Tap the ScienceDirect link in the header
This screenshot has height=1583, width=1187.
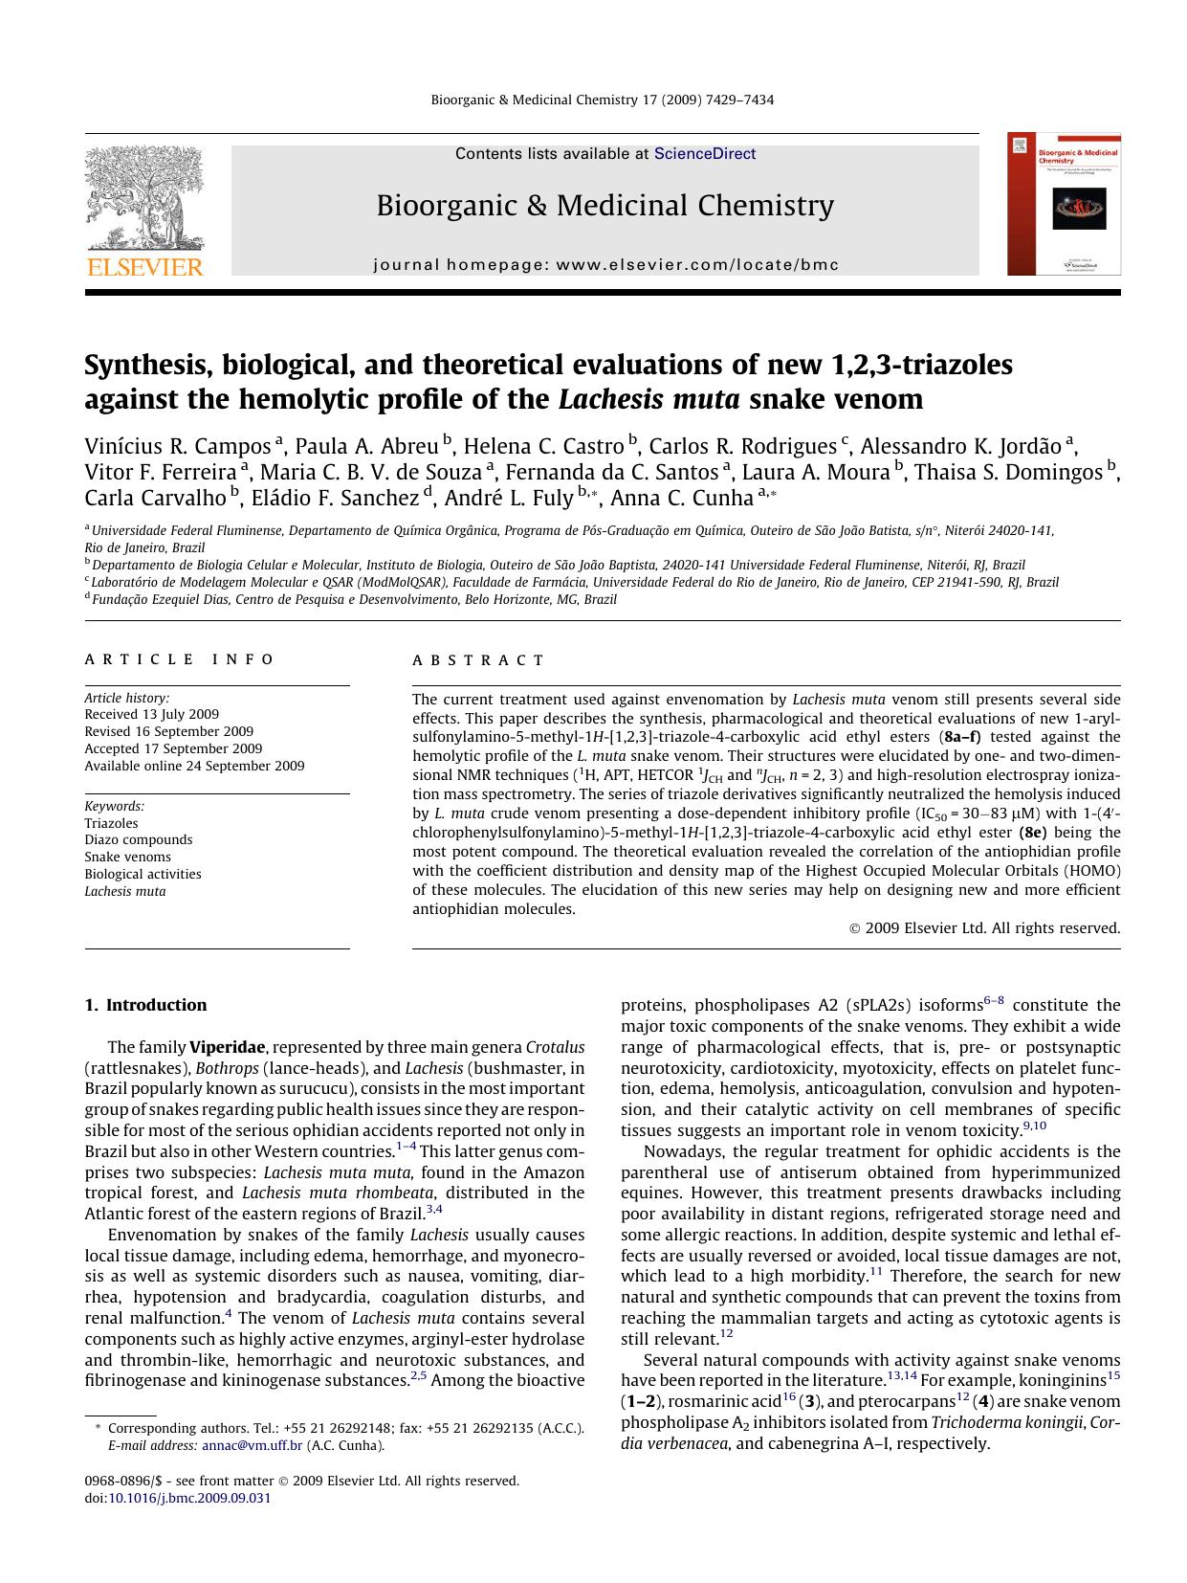[x=705, y=154]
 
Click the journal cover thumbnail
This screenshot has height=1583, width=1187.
[x=1064, y=204]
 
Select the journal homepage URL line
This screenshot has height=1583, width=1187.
[x=605, y=265]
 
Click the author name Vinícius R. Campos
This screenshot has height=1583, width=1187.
[x=178, y=446]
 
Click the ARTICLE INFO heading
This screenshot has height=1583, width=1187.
[x=179, y=659]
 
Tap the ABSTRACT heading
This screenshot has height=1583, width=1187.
[x=478, y=660]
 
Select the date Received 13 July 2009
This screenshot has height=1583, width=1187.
[x=151, y=714]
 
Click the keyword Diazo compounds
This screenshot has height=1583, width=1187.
[x=138, y=839]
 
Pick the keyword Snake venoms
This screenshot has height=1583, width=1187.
[x=127, y=857]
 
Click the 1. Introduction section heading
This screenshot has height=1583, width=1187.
[x=145, y=1005]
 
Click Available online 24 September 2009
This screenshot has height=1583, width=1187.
[x=194, y=766]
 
